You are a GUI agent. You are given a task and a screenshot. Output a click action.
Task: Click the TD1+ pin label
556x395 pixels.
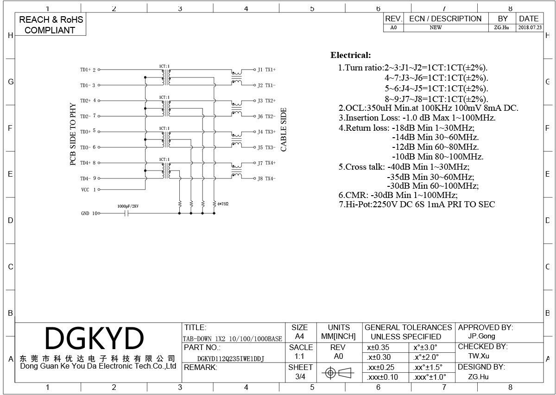click(x=85, y=70)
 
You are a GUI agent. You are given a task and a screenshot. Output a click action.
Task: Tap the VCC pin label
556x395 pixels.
click(x=85, y=190)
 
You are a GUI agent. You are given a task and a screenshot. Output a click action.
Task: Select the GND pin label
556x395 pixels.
click(x=85, y=213)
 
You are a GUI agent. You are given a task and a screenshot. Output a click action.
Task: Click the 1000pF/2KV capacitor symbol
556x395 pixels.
click(x=126, y=213)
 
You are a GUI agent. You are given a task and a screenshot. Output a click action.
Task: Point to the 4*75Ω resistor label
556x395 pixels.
click(x=223, y=204)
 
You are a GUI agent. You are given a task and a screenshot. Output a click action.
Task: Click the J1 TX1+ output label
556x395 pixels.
click(x=266, y=70)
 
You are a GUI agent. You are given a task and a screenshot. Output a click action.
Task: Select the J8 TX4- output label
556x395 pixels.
click(x=266, y=178)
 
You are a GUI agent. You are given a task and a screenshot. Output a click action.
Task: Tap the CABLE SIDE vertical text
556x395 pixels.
click(x=284, y=129)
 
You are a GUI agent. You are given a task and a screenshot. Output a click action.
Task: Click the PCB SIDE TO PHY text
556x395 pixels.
click(x=73, y=134)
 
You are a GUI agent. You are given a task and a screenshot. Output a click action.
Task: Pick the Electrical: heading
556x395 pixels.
click(x=350, y=55)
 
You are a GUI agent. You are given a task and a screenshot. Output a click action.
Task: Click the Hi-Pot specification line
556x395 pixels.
click(x=417, y=204)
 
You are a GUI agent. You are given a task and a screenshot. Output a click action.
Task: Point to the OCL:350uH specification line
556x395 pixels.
click(x=429, y=108)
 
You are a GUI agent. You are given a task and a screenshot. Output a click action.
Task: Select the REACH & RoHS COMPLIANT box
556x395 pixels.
click(x=51, y=25)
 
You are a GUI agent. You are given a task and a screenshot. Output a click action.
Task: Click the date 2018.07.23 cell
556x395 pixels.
click(x=530, y=27)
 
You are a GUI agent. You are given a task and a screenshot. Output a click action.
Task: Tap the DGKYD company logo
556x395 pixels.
click(x=95, y=338)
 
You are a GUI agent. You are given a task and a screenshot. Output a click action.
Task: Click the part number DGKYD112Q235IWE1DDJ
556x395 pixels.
click(x=231, y=359)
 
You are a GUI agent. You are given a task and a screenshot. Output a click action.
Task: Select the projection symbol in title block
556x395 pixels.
click(x=338, y=373)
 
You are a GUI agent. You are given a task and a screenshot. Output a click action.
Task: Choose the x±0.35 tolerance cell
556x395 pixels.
click(x=378, y=348)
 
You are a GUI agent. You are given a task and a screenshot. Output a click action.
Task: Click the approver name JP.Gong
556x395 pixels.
click(x=481, y=336)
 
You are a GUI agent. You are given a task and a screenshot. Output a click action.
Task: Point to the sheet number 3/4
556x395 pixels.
click(x=300, y=376)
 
